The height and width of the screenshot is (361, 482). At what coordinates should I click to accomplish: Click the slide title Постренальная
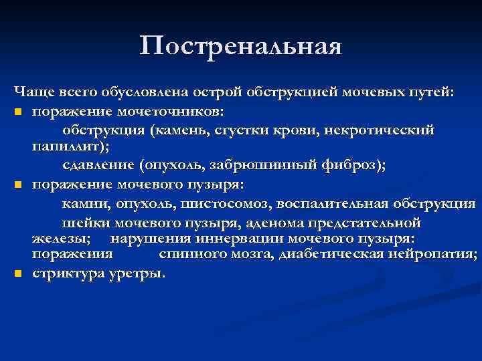pos(241,47)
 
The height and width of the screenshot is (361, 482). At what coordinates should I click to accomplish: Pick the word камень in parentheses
pos(177,128)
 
